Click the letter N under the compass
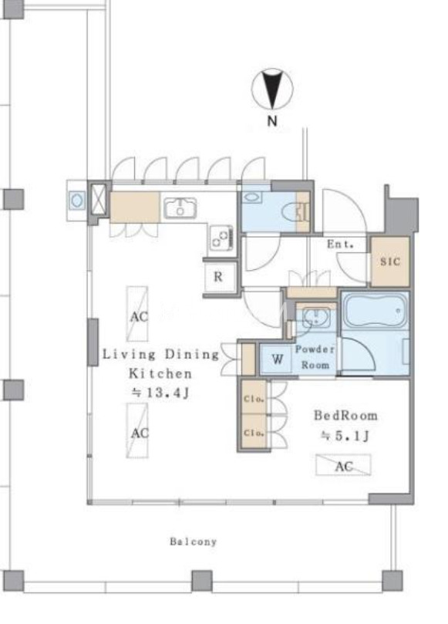coord(272,120)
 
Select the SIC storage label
coord(390,261)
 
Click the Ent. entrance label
coord(340,244)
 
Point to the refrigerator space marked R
coord(218,277)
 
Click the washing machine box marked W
coord(277,359)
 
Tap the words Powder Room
coord(315,357)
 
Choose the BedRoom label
coord(345,416)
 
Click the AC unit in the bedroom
coord(343,465)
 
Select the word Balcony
coord(194,541)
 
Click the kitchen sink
coord(180,207)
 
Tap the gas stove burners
coord(221,238)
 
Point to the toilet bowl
coord(292,214)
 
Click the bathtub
coord(376,311)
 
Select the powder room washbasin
coord(315,318)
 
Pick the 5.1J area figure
coord(345,436)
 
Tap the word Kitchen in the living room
coord(160,373)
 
